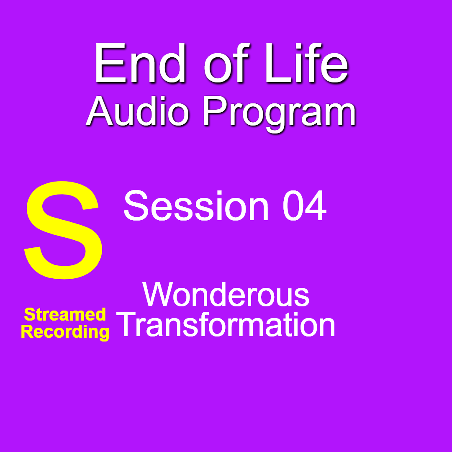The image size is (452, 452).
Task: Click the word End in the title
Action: tap(140, 63)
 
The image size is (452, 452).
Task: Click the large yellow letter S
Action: tap(64, 230)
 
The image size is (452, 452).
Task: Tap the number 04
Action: tap(304, 205)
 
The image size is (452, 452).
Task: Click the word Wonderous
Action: tap(226, 294)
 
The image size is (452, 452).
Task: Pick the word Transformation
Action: tap(226, 325)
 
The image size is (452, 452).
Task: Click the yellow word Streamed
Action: tap(65, 314)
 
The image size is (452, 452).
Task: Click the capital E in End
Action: tap(110, 64)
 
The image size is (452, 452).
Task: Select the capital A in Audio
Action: tap(100, 111)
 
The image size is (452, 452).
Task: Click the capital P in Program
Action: tap(214, 111)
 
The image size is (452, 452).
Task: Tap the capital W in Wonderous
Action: tap(159, 294)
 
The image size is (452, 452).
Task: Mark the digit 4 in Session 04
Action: tap(316, 205)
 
